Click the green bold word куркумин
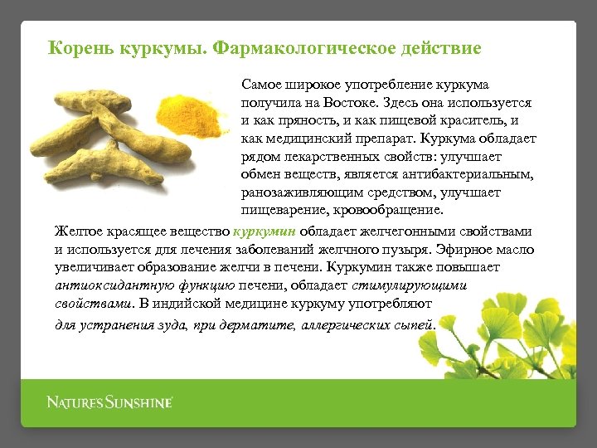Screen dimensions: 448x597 (265, 231)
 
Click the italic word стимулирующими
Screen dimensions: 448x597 (410, 285)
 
